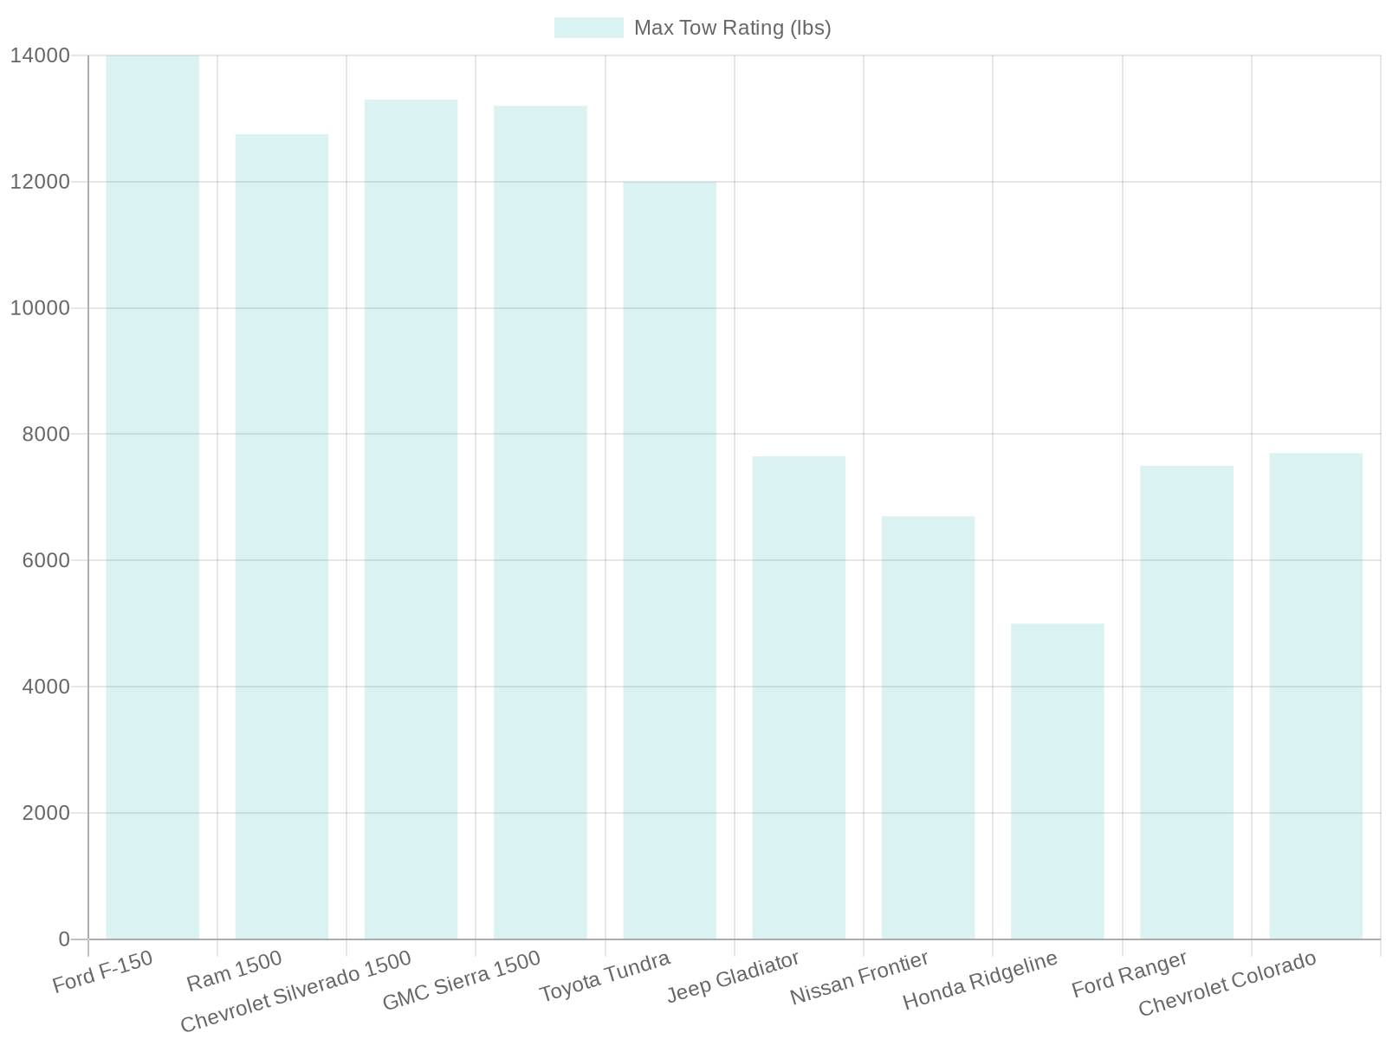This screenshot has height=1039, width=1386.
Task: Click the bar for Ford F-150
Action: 152,498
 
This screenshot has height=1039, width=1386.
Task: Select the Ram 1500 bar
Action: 282,537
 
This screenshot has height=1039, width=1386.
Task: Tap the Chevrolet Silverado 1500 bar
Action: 411,519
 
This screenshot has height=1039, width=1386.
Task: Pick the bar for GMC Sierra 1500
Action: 540,522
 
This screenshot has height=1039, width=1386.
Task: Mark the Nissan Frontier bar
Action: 928,727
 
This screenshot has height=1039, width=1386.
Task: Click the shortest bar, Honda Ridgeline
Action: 1057,781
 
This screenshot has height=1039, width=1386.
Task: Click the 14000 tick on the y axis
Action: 39,56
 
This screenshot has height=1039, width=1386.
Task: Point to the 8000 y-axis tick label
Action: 45,435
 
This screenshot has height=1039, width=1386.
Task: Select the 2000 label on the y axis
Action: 45,813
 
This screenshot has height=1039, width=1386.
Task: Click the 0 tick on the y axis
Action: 64,939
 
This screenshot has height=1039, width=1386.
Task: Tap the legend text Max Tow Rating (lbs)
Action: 732,28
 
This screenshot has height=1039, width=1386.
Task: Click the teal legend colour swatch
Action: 588,28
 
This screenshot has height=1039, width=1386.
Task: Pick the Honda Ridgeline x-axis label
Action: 981,981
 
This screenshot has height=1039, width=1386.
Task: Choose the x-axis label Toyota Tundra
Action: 605,977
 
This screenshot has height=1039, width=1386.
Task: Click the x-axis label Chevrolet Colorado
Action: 1227,984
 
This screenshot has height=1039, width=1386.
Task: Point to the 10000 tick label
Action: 39,308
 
